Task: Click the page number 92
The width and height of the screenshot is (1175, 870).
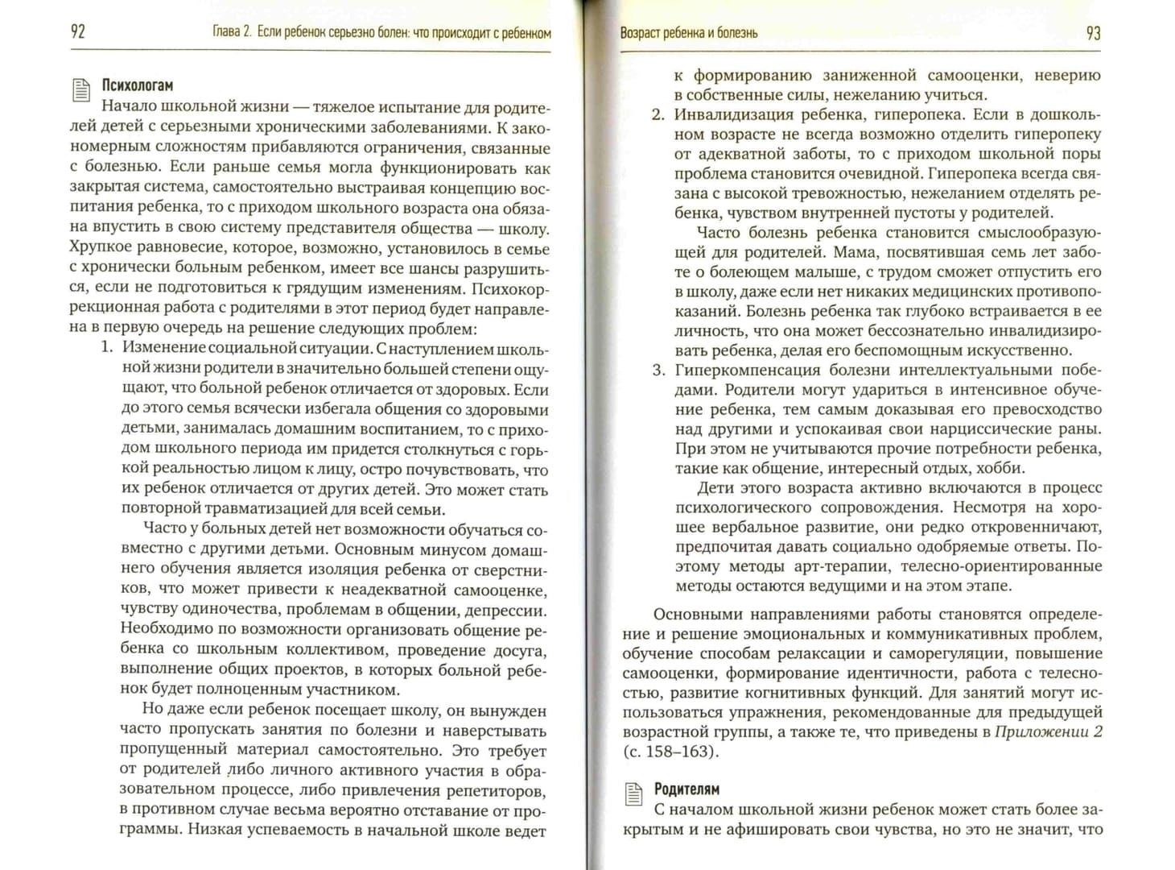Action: pos(78,32)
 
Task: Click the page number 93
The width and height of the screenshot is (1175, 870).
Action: pos(1093,33)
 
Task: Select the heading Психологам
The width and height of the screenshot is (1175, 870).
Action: pos(137,85)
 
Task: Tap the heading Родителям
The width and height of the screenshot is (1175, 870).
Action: pos(686,789)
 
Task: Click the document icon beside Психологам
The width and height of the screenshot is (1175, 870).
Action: pos(81,89)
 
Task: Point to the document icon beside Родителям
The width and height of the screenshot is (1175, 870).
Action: pos(633,793)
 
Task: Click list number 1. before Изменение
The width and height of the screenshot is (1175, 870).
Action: pos(105,350)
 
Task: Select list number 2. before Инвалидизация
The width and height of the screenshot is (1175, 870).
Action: pos(658,114)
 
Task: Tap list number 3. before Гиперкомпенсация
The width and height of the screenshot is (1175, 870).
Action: pos(658,370)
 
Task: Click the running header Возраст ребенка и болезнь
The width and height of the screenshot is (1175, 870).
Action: pos(688,33)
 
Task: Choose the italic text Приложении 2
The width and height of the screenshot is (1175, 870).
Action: pos(1049,731)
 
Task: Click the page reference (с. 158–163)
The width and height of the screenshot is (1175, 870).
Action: pos(670,752)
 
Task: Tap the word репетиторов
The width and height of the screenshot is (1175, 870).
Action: pos(497,789)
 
